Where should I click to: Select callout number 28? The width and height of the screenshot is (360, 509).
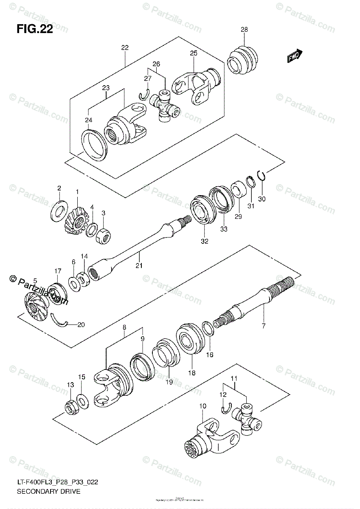tap(244, 30)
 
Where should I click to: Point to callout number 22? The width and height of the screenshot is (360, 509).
tap(124, 48)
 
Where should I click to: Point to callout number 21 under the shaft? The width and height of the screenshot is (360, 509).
tap(139, 266)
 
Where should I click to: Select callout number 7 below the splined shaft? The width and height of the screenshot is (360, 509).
tap(263, 326)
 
